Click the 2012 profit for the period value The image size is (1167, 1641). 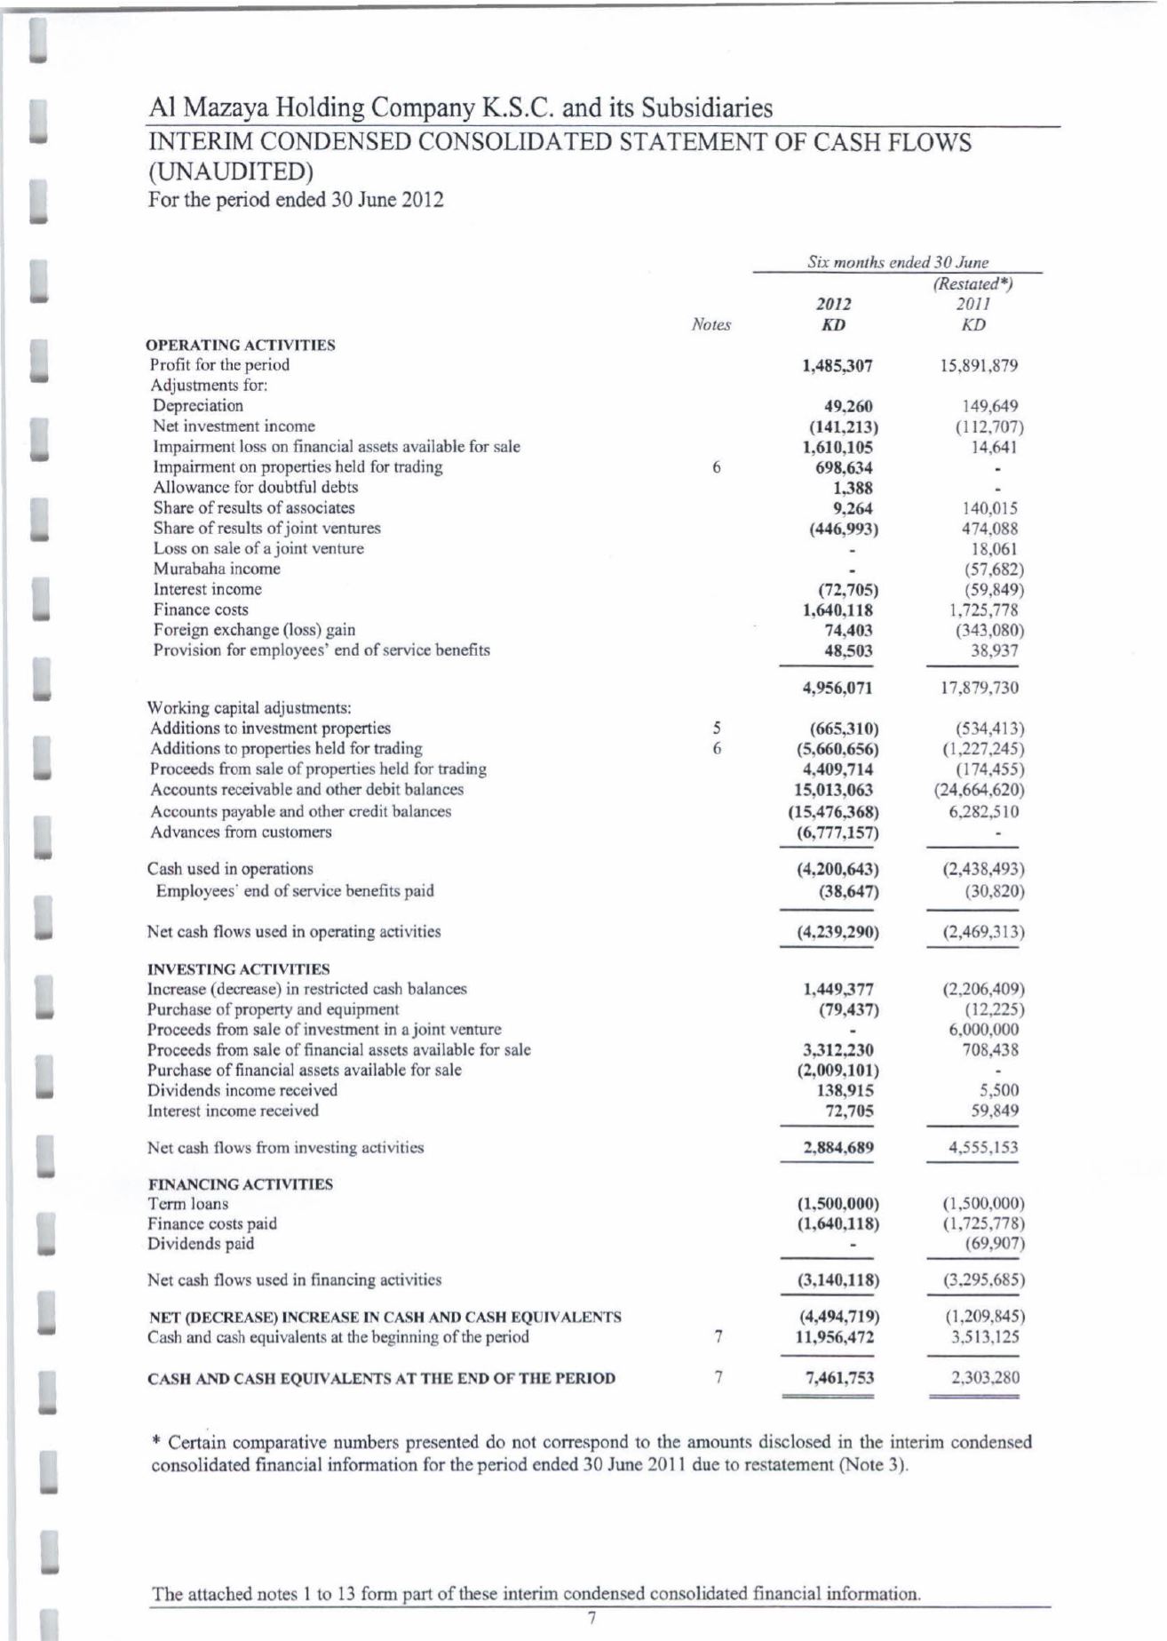pyautogui.click(x=838, y=366)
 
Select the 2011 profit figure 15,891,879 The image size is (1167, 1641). pyautogui.click(x=979, y=366)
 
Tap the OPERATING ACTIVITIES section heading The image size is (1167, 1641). pyautogui.click(x=241, y=345)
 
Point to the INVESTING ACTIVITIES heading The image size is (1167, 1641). pyautogui.click(x=238, y=968)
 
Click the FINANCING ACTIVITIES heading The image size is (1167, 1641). pyautogui.click(x=240, y=1184)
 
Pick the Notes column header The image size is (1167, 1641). pyautogui.click(x=711, y=325)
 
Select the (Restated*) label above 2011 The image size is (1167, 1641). pyautogui.click(x=973, y=284)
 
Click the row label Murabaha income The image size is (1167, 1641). pyautogui.click(x=217, y=569)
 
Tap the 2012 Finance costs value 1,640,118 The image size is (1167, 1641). pyautogui.click(x=838, y=610)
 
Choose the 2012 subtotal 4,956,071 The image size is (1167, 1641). pyautogui.click(x=838, y=688)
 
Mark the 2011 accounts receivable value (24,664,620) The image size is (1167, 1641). pyautogui.click(x=979, y=790)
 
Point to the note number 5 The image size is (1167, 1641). pyautogui.click(x=716, y=729)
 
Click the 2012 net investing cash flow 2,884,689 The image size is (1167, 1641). pyautogui.click(x=838, y=1148)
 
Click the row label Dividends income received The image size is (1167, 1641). pyautogui.click(x=242, y=1090)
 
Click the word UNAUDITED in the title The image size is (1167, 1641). pyautogui.click(x=235, y=170)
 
